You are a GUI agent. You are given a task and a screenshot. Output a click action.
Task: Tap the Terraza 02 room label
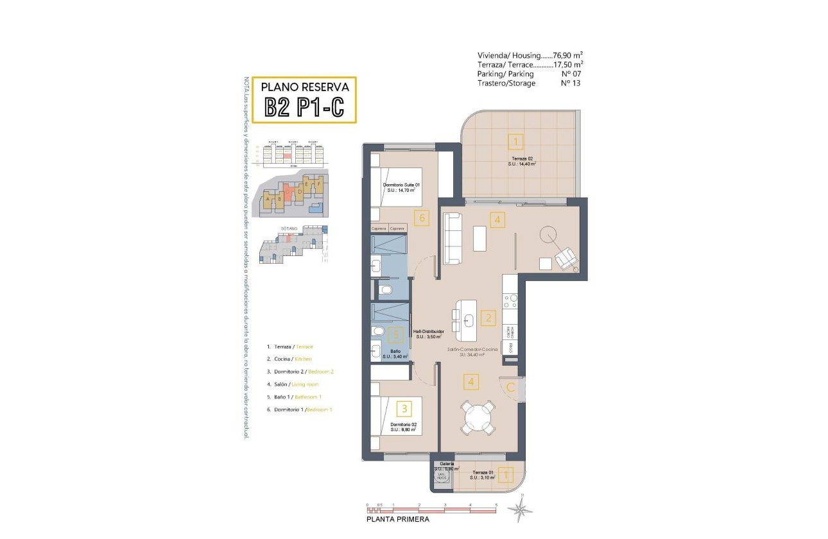click(521, 160)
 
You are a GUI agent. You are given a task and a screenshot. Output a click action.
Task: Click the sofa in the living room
click(452, 238)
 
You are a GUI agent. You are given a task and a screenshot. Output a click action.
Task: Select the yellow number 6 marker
click(421, 218)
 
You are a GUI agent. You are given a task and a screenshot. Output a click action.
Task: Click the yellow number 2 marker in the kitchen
click(488, 317)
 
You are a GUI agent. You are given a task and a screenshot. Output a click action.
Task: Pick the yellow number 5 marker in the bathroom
click(397, 334)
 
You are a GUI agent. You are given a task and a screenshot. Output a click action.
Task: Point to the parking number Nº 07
click(571, 74)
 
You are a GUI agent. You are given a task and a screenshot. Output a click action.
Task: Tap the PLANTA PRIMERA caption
click(398, 520)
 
